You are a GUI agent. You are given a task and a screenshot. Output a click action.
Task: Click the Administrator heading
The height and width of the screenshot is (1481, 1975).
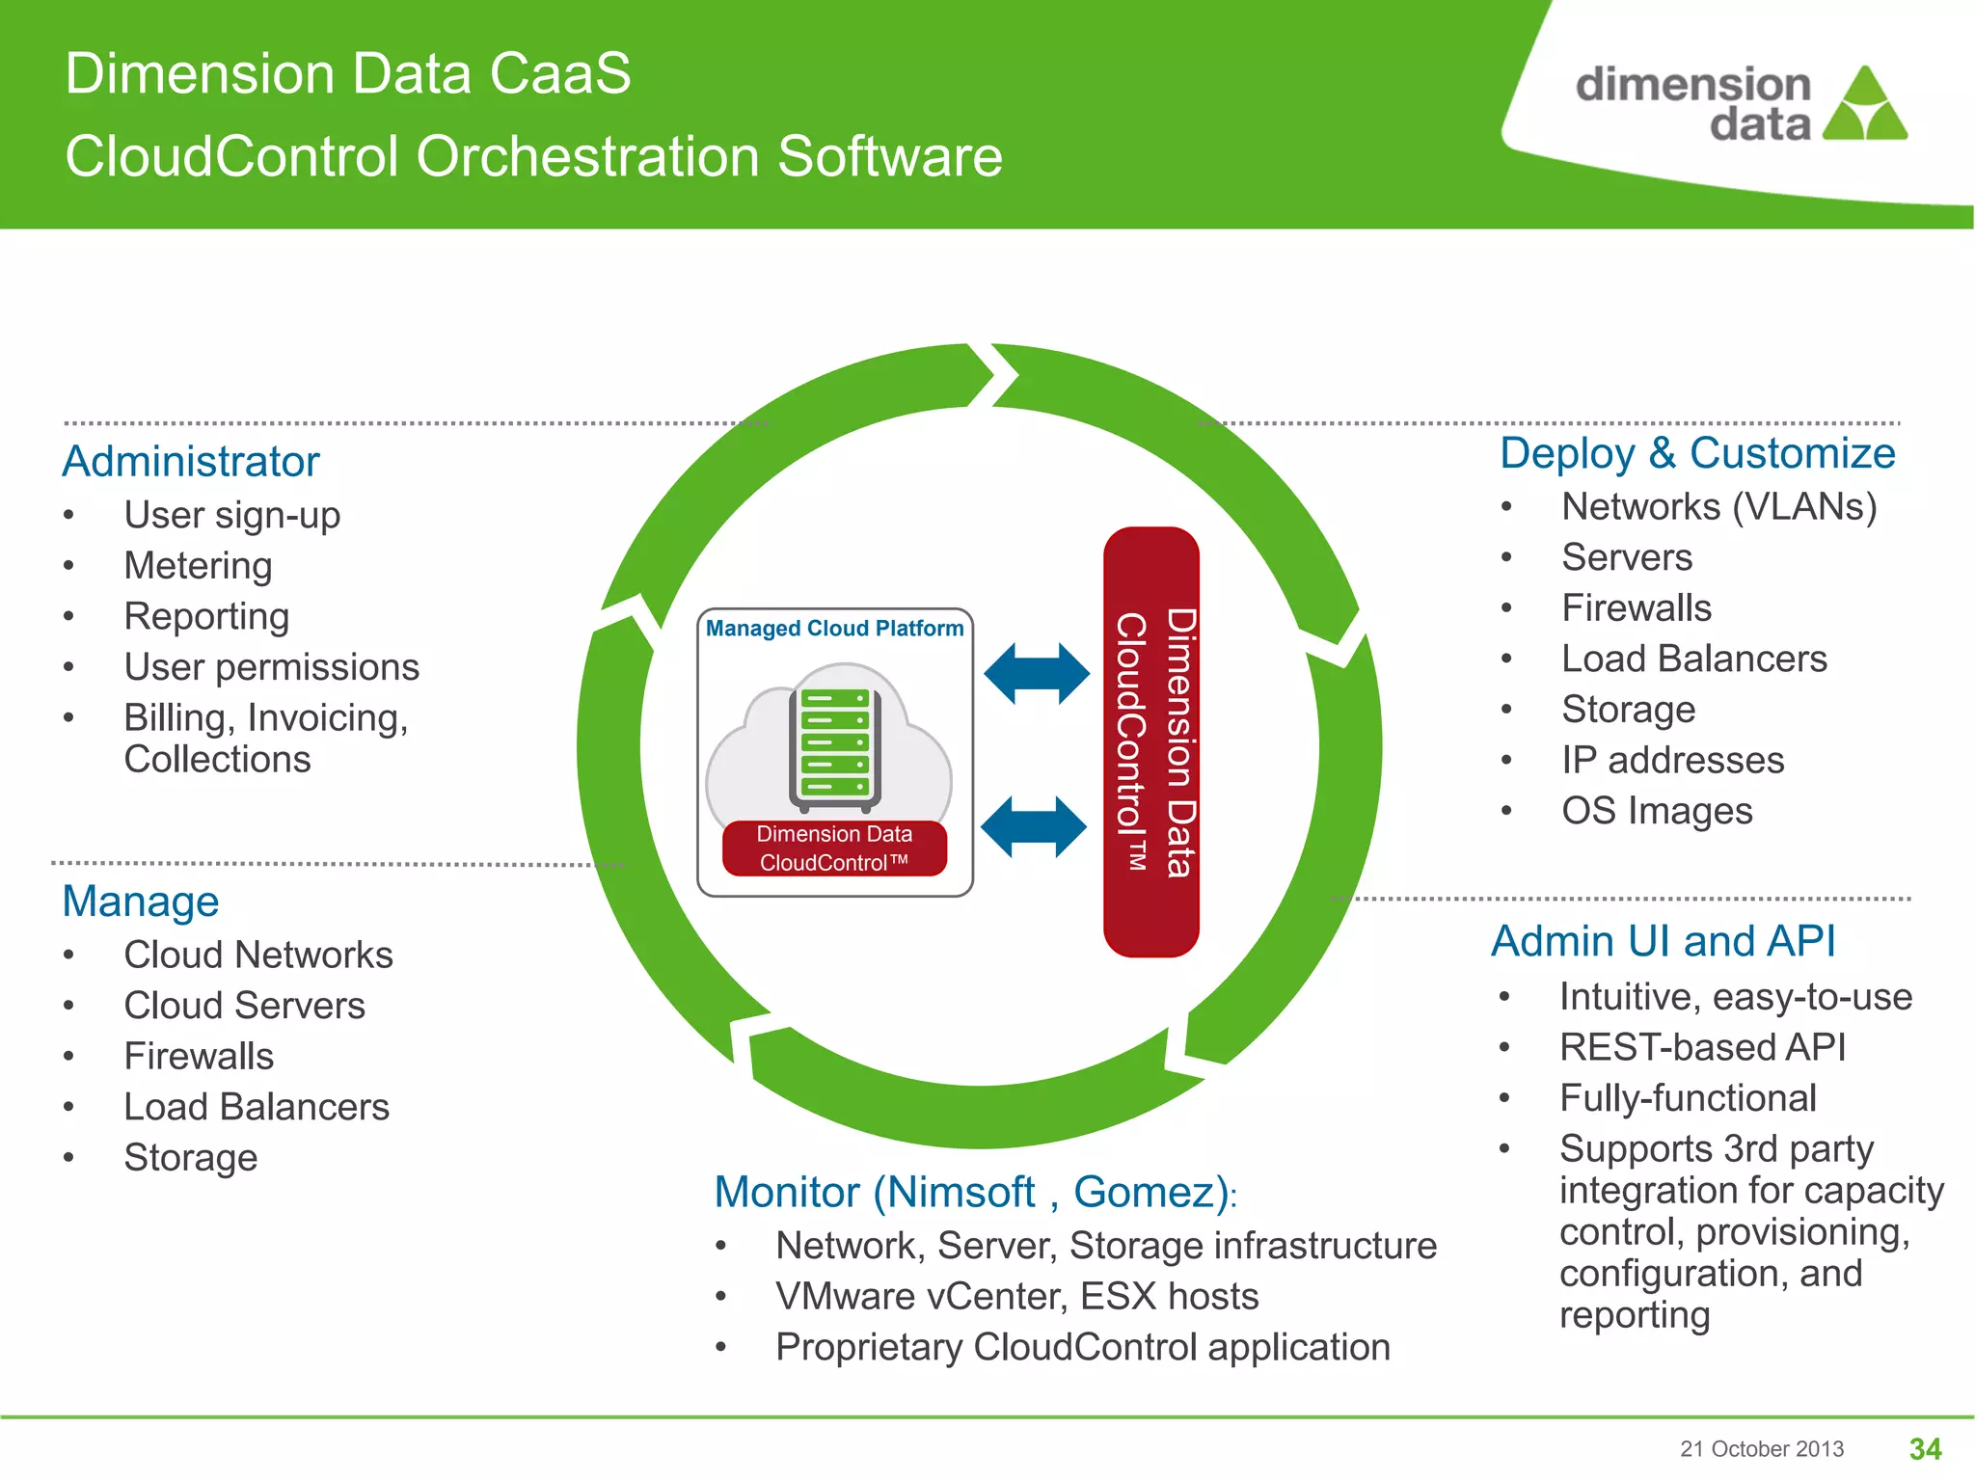191,462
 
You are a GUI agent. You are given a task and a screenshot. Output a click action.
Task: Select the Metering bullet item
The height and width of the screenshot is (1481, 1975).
198,566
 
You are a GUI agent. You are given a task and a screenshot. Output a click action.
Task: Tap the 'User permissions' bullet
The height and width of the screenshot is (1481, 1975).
271,667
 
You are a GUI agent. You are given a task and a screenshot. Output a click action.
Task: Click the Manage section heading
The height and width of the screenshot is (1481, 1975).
141,902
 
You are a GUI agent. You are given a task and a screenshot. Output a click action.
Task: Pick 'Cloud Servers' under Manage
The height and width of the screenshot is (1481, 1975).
244,1006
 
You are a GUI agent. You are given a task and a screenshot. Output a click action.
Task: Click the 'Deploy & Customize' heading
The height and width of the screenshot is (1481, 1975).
1697,453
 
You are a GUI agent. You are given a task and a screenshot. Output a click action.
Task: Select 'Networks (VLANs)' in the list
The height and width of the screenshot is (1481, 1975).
1718,507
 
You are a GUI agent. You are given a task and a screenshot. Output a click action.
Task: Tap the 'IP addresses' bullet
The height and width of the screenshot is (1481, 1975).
1672,761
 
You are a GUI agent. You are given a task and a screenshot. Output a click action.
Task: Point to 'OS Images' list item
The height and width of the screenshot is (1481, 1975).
1656,811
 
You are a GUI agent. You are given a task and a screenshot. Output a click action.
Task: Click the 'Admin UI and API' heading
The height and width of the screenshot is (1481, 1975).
1663,942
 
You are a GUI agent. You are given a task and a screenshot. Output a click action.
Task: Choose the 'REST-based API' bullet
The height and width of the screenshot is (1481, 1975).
1702,1048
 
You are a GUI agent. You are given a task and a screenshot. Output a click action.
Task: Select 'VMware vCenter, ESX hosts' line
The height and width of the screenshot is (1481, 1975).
1016,1297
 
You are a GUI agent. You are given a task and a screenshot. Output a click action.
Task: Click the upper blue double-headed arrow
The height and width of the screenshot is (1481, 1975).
1036,674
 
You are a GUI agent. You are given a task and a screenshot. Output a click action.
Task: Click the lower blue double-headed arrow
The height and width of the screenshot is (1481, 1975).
1033,827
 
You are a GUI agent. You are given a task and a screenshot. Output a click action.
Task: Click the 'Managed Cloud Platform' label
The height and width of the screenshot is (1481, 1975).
834,629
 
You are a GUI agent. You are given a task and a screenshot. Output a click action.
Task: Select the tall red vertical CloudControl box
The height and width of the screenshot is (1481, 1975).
1151,742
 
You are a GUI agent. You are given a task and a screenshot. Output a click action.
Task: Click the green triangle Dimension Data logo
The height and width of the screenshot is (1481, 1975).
1865,106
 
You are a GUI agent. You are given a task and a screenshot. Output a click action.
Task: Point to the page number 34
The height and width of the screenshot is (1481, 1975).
1925,1449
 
